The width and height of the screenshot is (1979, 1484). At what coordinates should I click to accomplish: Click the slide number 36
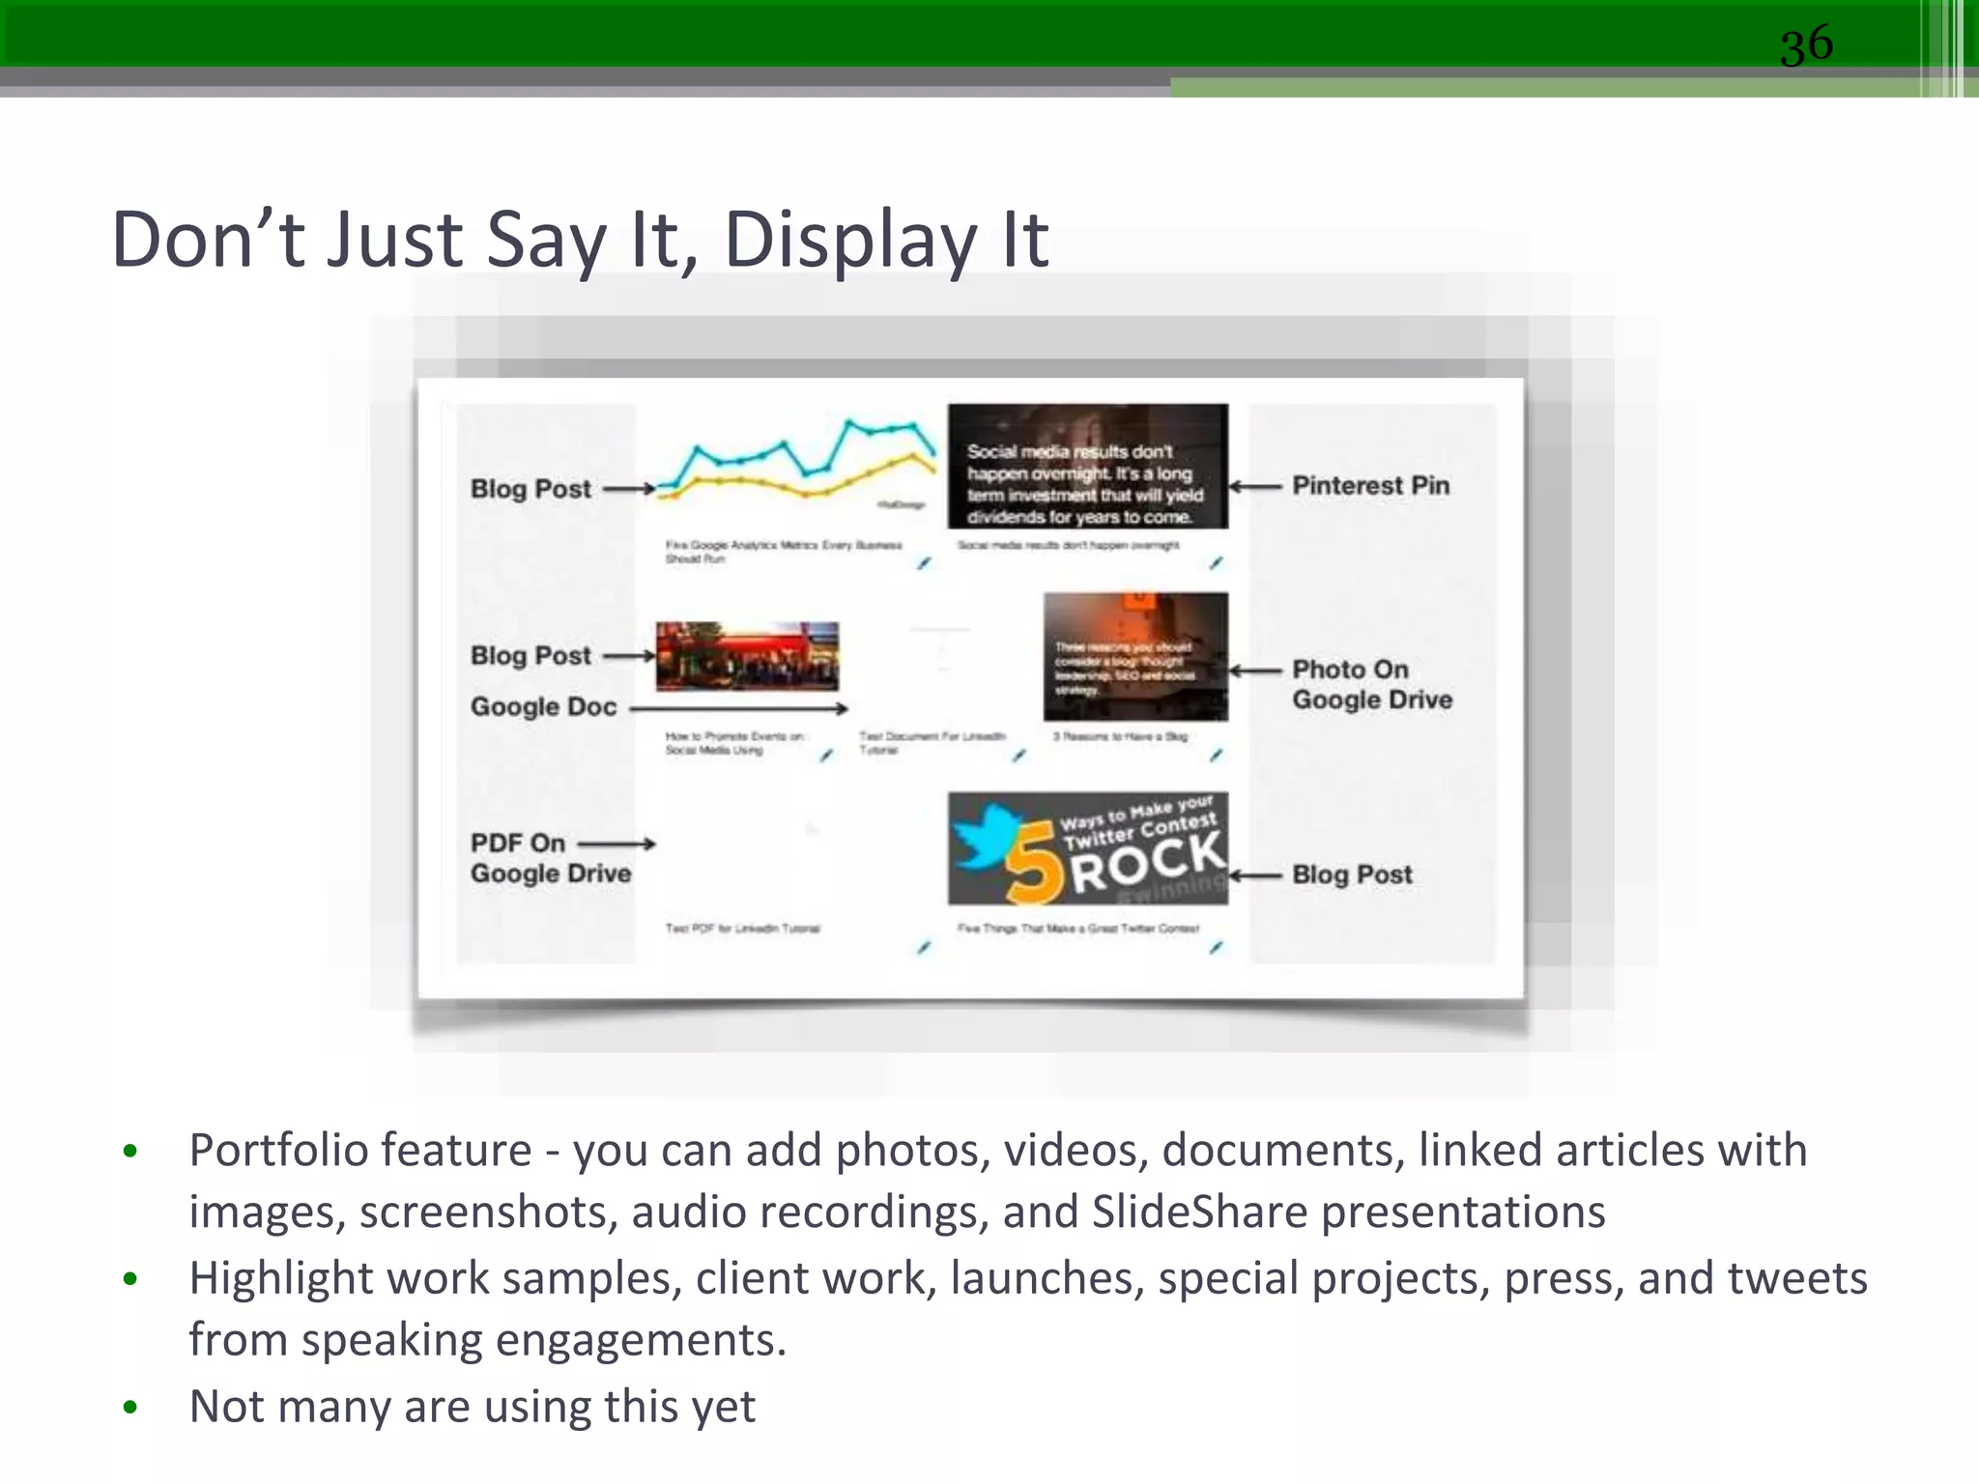[x=1806, y=44]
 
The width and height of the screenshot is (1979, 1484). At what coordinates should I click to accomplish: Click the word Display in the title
[x=849, y=240]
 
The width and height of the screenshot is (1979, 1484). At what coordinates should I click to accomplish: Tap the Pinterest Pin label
[x=1370, y=485]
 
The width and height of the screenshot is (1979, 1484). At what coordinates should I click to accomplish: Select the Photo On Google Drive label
[x=1371, y=684]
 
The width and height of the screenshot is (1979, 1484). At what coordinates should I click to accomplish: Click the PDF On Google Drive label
[x=550, y=858]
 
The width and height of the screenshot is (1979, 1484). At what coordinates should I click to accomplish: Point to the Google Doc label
[x=543, y=706]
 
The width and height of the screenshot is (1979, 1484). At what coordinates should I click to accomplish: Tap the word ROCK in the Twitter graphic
[x=1147, y=862]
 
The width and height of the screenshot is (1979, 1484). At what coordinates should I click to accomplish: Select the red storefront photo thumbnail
[x=747, y=656]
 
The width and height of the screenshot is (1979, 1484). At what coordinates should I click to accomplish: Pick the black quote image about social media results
[x=1087, y=467]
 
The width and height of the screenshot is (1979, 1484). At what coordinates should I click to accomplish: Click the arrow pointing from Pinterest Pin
[x=1255, y=486]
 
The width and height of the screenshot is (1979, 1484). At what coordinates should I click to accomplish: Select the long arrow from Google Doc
[x=738, y=708]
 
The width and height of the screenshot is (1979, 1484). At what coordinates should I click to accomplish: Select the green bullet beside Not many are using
[x=130, y=1407]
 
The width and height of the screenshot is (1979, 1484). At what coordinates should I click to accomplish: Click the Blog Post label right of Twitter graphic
[x=1352, y=874]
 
